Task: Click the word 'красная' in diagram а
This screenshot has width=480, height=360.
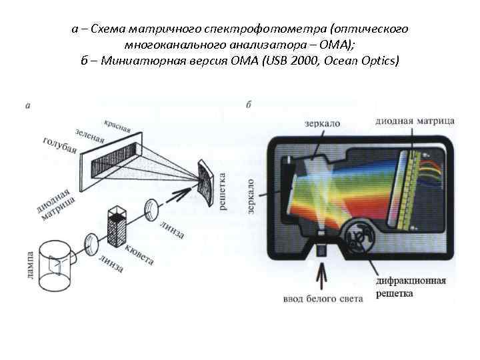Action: point(117,125)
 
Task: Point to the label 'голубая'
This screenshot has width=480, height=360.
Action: point(60,149)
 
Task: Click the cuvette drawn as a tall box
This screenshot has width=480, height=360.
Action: point(117,228)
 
